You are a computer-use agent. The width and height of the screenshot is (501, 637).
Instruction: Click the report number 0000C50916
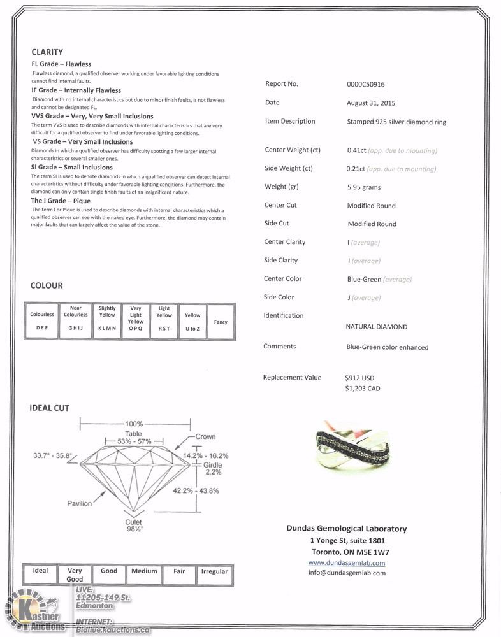pyautogui.click(x=365, y=84)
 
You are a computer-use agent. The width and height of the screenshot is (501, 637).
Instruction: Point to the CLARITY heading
pyautogui.click(x=47, y=52)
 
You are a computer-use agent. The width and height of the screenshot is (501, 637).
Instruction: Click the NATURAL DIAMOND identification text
pyautogui.click(x=376, y=327)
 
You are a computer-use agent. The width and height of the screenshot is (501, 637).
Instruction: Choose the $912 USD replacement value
pyautogui.click(x=359, y=378)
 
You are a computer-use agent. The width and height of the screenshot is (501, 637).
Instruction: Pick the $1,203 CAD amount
pyautogui.click(x=362, y=388)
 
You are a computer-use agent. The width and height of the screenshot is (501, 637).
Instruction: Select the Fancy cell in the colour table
pyautogui.click(x=221, y=322)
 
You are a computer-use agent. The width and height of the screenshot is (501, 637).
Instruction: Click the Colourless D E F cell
pyautogui.click(x=42, y=321)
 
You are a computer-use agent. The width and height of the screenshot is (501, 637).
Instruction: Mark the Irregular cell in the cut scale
pyautogui.click(x=214, y=571)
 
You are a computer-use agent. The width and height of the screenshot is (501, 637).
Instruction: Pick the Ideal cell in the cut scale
pyautogui.click(x=40, y=571)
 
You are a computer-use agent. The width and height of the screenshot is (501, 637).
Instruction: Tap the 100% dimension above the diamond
pyautogui.click(x=134, y=424)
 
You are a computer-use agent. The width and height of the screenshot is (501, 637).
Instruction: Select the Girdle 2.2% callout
pyautogui.click(x=213, y=469)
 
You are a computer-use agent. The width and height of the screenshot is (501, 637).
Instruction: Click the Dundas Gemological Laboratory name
pyautogui.click(x=345, y=529)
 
